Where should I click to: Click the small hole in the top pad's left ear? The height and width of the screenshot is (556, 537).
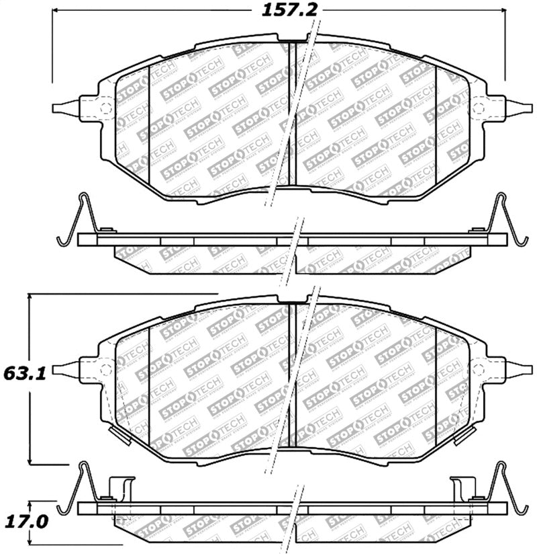coord(103,109)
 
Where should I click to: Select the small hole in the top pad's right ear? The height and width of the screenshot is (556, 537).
coord(479,109)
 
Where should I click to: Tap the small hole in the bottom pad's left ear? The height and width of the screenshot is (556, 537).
coord(103,368)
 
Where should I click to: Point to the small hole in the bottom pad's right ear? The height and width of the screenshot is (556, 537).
coord(479,368)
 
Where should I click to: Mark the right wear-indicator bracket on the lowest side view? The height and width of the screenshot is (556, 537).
coord(464,487)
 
